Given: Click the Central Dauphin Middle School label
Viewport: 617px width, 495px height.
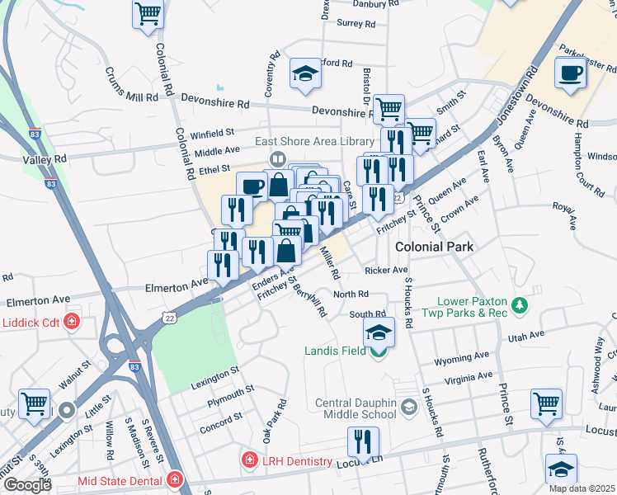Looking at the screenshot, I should [x=356, y=409].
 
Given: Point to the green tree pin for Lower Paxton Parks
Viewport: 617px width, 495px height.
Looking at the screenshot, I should [x=520, y=306].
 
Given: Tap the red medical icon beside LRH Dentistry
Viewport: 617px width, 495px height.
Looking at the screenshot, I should [x=248, y=459].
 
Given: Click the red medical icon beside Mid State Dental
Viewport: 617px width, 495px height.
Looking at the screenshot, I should [x=174, y=479].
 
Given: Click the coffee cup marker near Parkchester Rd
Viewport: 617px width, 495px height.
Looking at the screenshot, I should [x=571, y=73].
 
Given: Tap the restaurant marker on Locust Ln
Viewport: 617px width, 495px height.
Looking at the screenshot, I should [x=363, y=441].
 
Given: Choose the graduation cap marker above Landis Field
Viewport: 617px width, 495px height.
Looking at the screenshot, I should [x=379, y=332].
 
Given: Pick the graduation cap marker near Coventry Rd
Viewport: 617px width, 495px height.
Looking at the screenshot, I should [x=304, y=73].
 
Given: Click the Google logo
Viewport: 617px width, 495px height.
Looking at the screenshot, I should [x=26, y=485].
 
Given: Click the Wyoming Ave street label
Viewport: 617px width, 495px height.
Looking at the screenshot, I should [x=463, y=357].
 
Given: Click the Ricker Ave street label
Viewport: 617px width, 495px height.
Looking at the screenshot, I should [x=386, y=271].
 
